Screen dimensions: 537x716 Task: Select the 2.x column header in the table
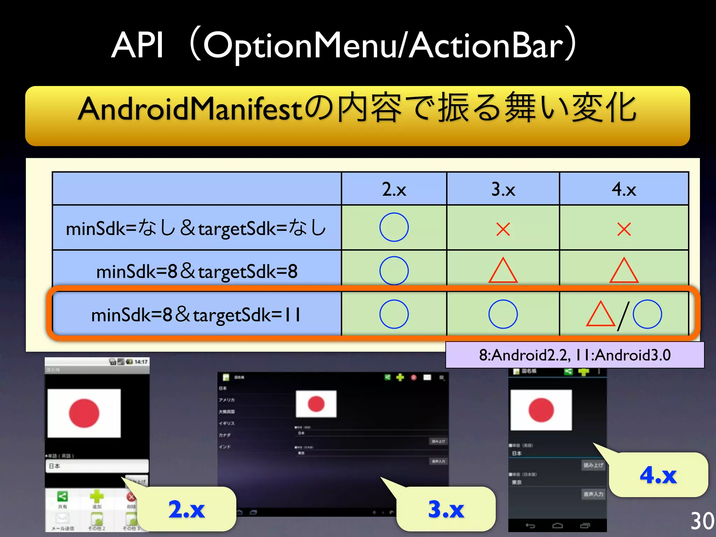click(x=394, y=189)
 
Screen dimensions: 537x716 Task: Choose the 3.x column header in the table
click(x=503, y=189)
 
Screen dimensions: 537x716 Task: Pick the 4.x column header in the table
click(x=624, y=189)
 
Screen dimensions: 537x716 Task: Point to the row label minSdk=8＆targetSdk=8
click(x=197, y=271)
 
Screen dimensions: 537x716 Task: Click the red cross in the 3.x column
click(x=503, y=229)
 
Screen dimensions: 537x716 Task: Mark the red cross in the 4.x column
click(x=624, y=229)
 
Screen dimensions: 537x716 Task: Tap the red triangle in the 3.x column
click(x=503, y=271)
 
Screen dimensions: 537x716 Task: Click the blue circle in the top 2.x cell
click(x=394, y=227)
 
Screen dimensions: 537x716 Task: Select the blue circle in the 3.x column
click(x=503, y=314)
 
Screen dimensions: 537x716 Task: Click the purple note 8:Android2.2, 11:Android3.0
click(x=575, y=355)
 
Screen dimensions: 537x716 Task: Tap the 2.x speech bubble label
click(x=187, y=509)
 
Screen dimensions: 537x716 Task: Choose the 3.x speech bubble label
click(x=446, y=509)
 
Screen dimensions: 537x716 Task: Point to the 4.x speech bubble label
click(x=658, y=475)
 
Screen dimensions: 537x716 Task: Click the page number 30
click(x=702, y=521)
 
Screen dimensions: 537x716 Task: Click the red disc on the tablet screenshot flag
click(x=316, y=404)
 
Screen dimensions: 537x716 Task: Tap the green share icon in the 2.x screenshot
click(x=63, y=496)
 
